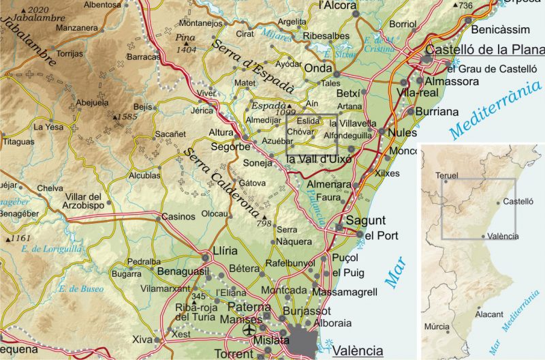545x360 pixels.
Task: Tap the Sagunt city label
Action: [365, 220]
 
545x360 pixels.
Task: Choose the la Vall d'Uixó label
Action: [318, 159]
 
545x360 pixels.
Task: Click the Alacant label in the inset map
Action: [490, 314]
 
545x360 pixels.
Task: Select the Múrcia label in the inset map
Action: [437, 327]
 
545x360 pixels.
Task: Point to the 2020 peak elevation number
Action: [40, 10]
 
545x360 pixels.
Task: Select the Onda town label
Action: [316, 70]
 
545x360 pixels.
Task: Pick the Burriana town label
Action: [437, 111]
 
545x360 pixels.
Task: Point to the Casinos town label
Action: [178, 217]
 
